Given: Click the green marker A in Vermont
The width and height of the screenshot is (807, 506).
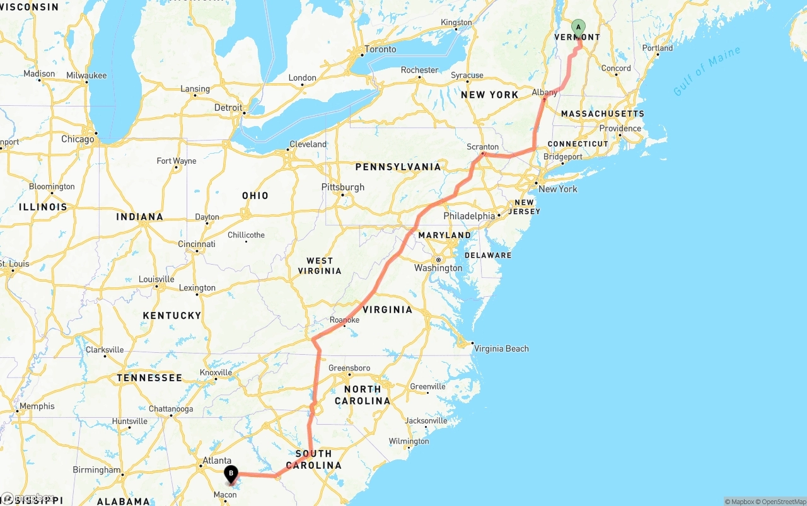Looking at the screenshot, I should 578,28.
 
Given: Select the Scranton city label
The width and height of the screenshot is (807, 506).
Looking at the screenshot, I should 482,147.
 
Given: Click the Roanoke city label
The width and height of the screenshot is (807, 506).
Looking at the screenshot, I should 344,320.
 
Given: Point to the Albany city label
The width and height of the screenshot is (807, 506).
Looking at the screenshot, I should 544,93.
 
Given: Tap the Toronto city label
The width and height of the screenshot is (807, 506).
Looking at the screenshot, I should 380,49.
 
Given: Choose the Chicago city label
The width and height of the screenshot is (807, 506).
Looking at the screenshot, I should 78,139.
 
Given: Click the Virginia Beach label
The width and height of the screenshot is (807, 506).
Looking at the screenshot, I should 501,348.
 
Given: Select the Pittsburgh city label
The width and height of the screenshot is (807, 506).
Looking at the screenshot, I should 343,187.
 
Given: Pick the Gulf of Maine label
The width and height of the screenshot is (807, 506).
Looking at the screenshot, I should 707,71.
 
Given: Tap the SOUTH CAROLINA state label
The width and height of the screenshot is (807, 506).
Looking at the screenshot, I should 313,459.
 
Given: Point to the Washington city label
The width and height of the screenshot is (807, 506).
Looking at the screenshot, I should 438,268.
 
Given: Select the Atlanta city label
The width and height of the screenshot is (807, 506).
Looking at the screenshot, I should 216,461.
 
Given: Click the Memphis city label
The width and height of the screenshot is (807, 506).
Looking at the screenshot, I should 37,406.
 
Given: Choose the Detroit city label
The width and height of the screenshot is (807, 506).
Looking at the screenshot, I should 228,108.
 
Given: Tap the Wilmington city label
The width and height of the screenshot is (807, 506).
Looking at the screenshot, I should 409,441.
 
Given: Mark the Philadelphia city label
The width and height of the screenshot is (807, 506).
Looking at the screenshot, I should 469,216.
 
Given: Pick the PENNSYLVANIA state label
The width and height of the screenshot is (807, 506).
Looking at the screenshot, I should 398,167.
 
